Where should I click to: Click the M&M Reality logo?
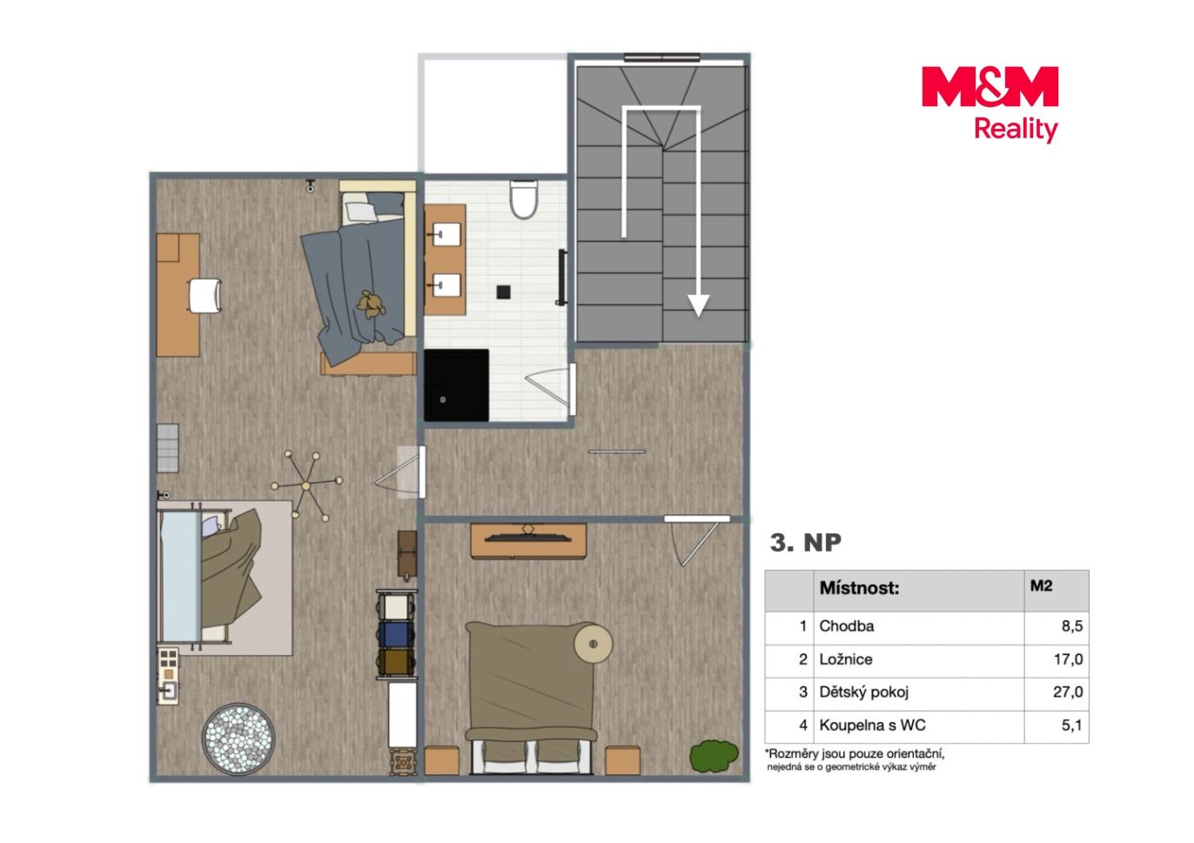tap(989, 104)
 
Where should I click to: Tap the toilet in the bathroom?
tap(523, 199)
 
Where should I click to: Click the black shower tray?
tap(456, 385)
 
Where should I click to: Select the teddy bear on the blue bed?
tap(372, 304)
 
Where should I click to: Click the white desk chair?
tap(205, 296)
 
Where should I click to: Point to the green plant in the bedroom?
tap(714, 756)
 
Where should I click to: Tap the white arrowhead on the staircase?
tap(698, 306)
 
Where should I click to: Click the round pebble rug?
tap(238, 739)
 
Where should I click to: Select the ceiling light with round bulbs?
tap(306, 485)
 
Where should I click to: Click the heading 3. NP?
tap(805, 543)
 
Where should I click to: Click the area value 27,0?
tap(1068, 692)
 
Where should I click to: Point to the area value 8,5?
tap(1072, 626)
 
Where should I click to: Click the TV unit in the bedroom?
tap(528, 540)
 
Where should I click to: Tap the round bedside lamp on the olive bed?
tap(593, 644)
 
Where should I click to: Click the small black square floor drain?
tap(503, 292)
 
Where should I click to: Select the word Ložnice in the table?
tap(846, 659)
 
